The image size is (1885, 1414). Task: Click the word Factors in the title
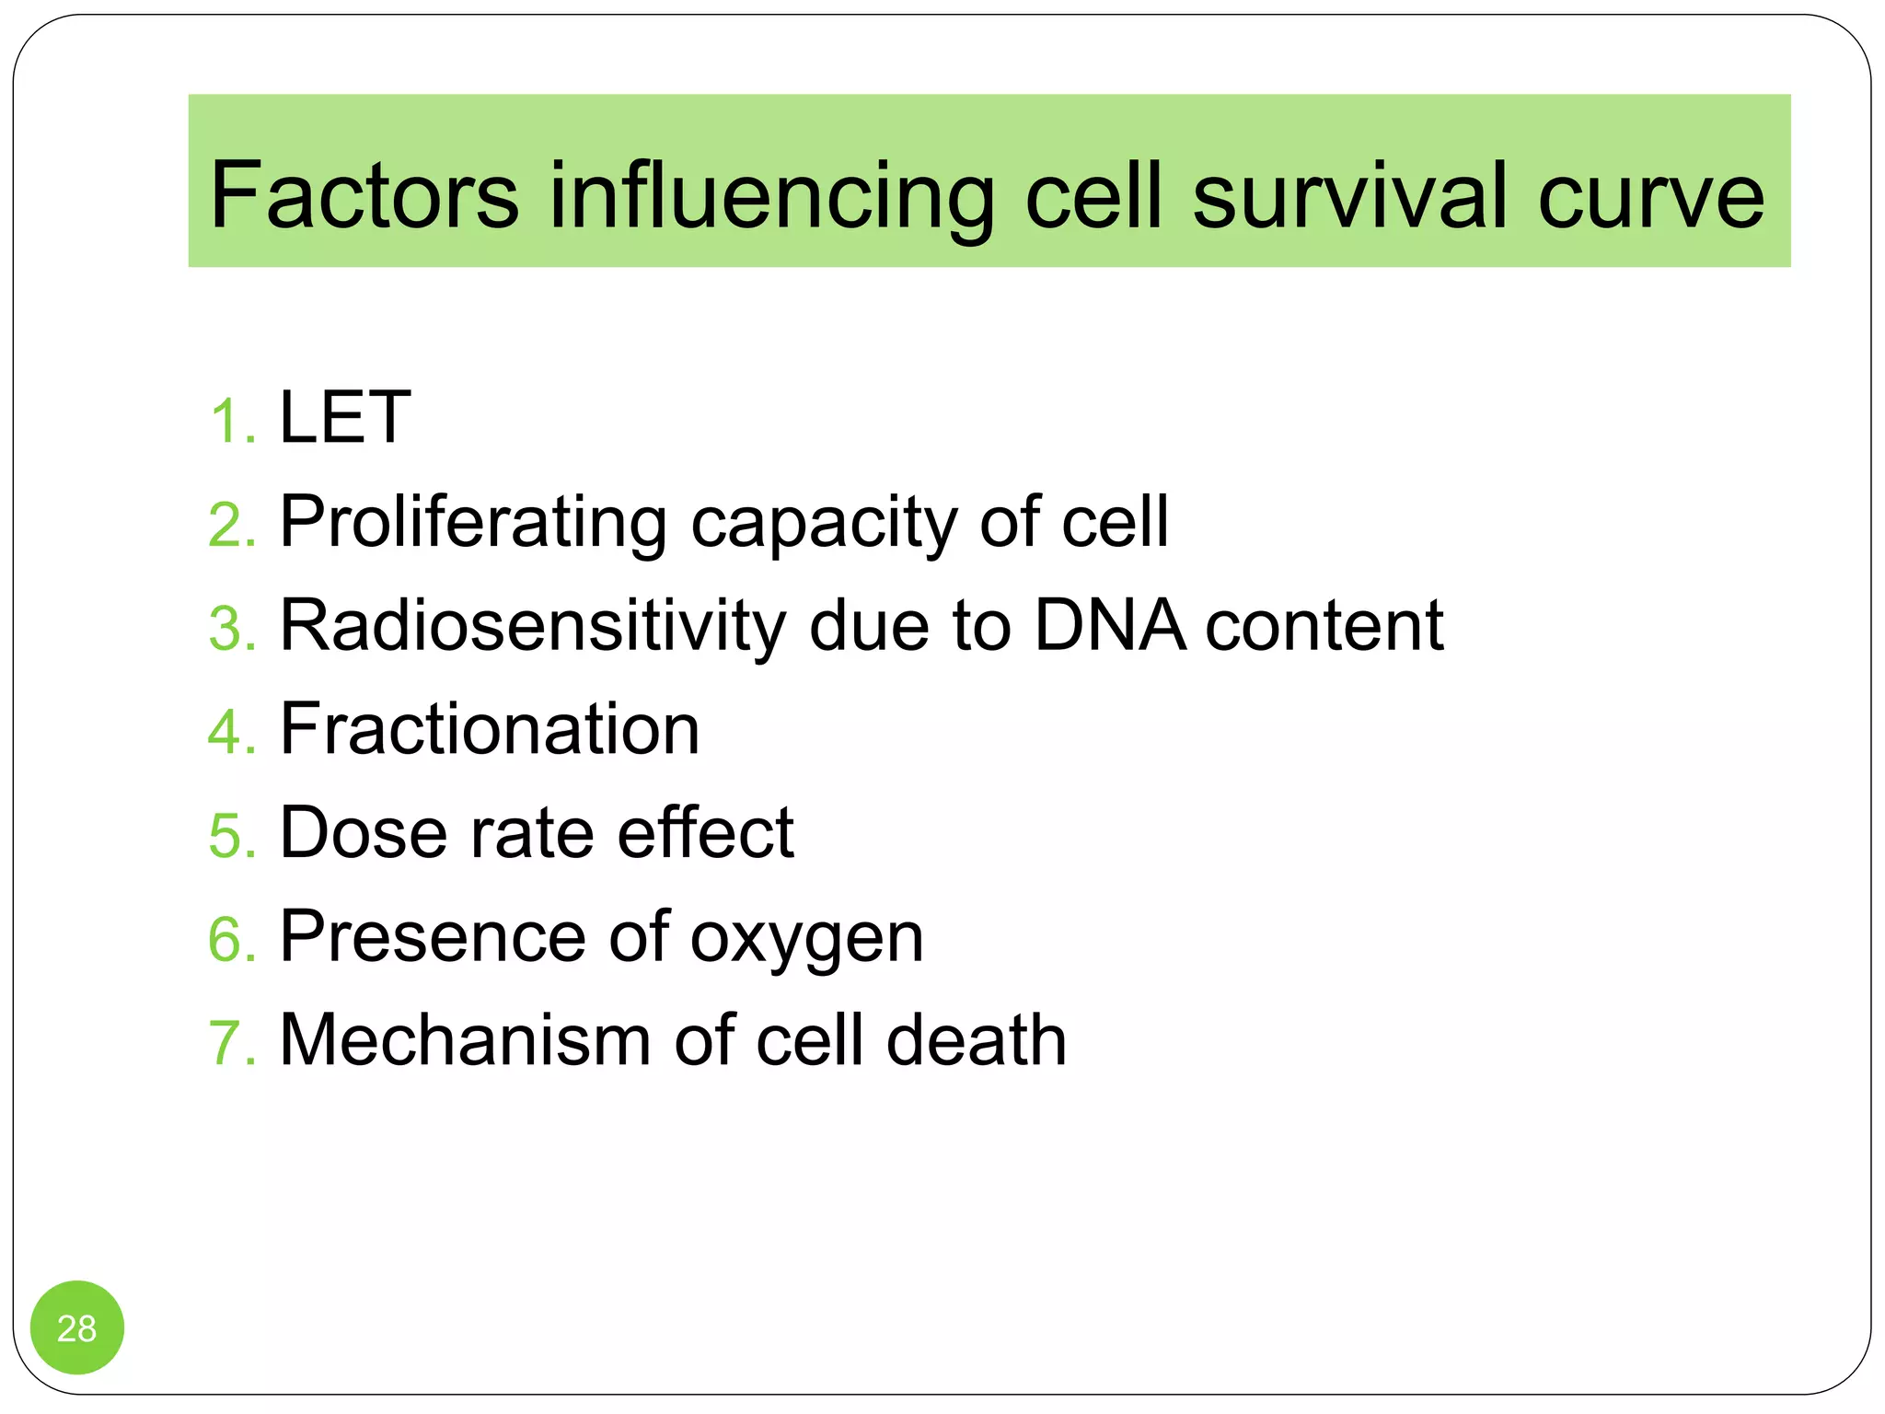point(364,195)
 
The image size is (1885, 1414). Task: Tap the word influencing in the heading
point(771,197)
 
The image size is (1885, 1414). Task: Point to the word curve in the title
point(1651,197)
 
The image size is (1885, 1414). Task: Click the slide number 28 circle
point(77,1327)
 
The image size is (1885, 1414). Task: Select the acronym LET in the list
point(345,418)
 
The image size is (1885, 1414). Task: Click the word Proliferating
point(473,523)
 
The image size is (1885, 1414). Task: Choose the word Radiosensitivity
point(532,626)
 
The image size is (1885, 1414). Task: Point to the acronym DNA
point(1110,626)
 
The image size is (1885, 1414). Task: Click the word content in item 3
point(1324,626)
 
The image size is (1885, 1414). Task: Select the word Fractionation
point(490,729)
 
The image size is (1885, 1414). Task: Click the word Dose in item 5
point(364,833)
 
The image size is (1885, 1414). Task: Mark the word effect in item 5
point(705,833)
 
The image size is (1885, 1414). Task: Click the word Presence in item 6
point(433,937)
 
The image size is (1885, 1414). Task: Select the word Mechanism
point(466,1040)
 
